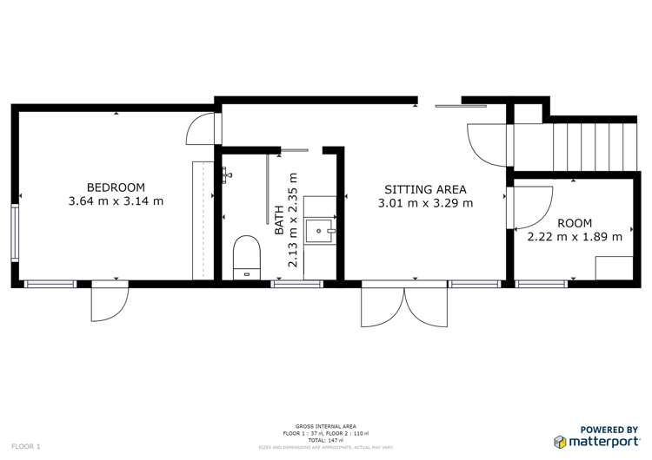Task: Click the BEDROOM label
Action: tap(116, 187)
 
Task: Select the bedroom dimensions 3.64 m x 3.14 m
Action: tap(116, 201)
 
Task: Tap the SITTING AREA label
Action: tap(425, 189)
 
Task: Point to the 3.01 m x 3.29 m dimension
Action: tap(425, 204)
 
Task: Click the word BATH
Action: tap(279, 221)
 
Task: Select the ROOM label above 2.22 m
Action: tap(575, 222)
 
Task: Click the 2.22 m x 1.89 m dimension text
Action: tap(575, 236)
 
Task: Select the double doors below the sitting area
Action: tap(404, 306)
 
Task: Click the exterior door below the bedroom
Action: tap(110, 301)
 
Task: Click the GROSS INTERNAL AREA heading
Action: tap(325, 426)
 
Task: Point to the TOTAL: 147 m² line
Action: tap(325, 440)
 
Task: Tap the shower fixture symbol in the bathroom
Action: tap(227, 175)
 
